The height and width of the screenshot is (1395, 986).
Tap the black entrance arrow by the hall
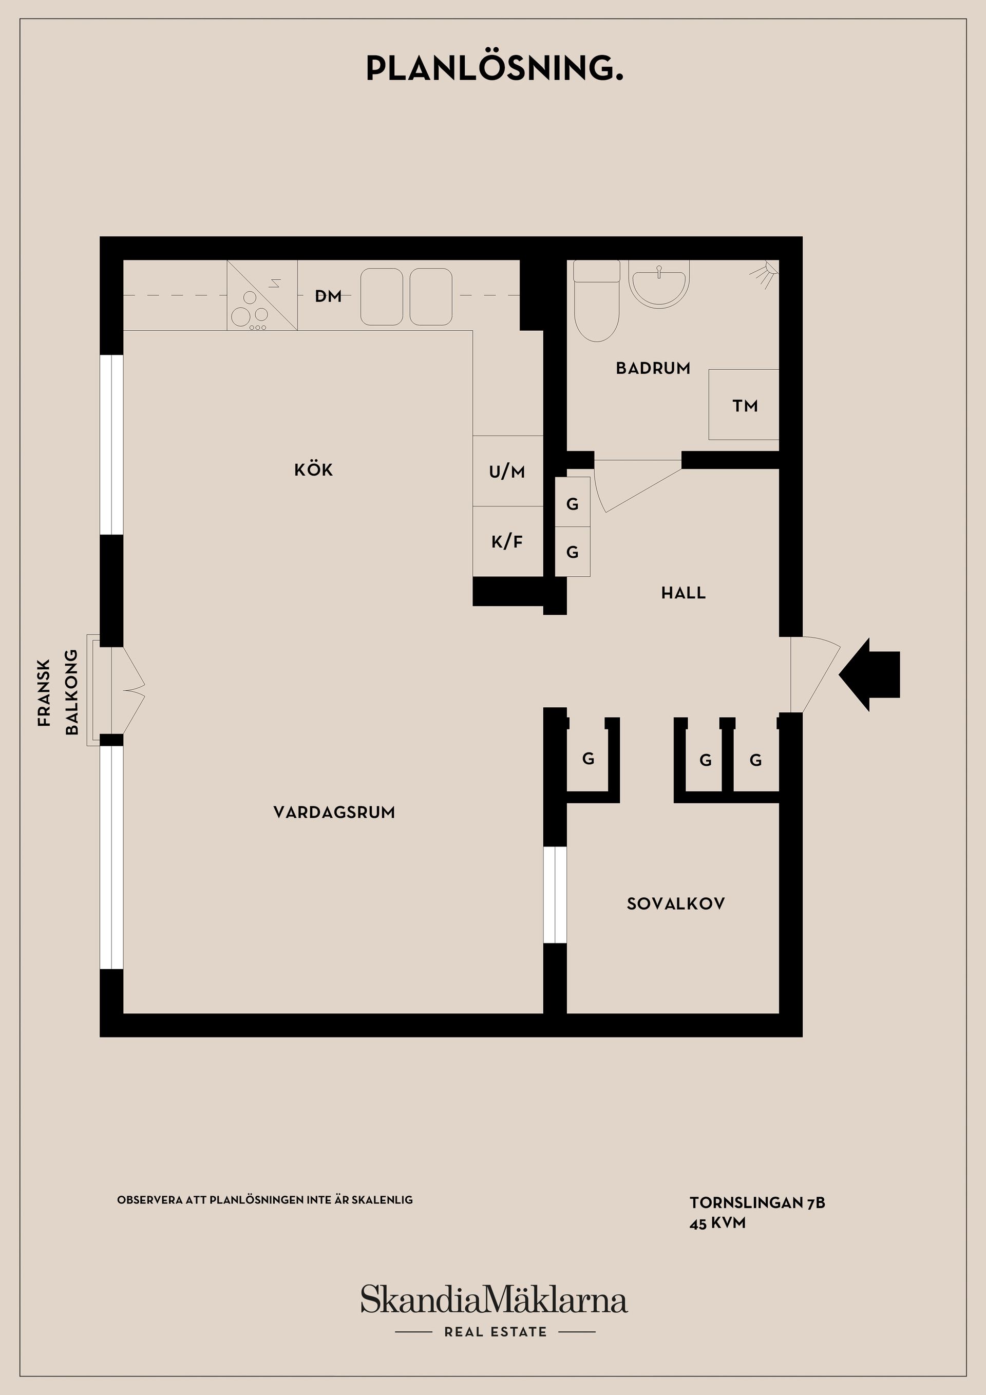point(869,674)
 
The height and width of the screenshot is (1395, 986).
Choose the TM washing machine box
point(744,405)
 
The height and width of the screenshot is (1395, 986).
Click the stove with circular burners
point(262,295)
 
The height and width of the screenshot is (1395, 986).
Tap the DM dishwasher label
point(328,296)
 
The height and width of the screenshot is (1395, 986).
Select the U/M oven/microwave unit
point(507,471)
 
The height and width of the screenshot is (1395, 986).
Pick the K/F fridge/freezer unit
point(507,541)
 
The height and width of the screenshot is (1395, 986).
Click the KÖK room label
point(313,469)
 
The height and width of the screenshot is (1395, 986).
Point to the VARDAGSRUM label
point(334,813)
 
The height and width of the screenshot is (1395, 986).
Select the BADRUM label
point(653,368)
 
